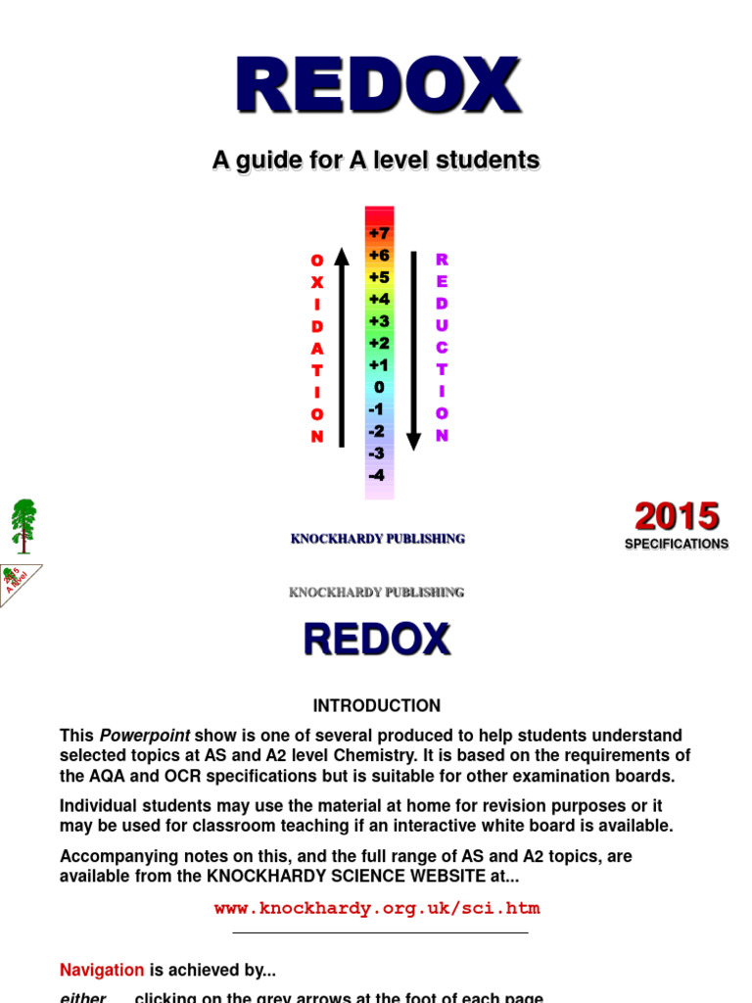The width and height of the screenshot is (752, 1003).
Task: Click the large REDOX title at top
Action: [377, 85]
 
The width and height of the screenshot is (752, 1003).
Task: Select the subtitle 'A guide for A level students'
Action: [376, 160]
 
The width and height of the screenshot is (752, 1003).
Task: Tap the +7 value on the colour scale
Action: [379, 233]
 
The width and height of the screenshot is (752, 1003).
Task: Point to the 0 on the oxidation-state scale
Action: [379, 387]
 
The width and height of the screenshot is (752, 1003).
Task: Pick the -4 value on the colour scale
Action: [377, 475]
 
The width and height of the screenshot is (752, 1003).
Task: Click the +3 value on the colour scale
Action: [379, 321]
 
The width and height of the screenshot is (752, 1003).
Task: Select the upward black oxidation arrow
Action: [342, 348]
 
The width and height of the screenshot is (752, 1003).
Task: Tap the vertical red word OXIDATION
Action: [317, 348]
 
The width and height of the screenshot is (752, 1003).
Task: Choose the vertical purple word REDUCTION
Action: [442, 348]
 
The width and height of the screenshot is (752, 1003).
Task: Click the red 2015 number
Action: [676, 516]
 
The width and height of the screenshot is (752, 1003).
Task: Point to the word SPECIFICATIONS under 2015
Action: [677, 544]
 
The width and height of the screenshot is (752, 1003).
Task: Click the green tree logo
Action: [23, 525]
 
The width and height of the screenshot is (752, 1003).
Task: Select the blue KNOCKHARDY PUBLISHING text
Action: [377, 539]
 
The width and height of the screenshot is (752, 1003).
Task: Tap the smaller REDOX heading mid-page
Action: [377, 640]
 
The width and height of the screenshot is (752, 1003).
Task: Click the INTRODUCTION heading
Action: [376, 705]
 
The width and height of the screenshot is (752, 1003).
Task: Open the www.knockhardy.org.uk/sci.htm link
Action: [377, 908]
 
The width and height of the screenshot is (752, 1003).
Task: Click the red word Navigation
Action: [102, 970]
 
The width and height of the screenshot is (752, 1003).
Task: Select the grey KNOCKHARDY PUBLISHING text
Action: [377, 592]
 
